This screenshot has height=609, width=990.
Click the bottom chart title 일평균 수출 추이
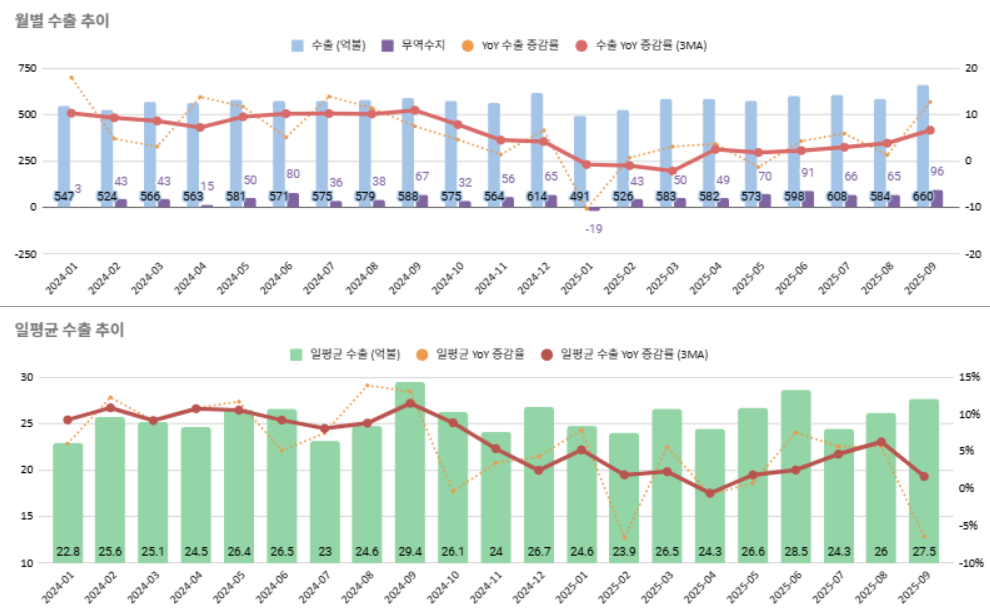(x=69, y=329)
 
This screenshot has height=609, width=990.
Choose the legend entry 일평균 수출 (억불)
(x=344, y=354)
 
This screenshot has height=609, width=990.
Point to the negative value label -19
(x=593, y=229)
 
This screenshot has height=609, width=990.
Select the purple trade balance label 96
(x=938, y=171)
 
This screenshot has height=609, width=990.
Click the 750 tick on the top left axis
(x=26, y=68)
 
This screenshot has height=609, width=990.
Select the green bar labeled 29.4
(x=409, y=470)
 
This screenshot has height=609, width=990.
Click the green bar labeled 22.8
(x=67, y=500)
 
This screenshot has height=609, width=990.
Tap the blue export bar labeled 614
(x=537, y=150)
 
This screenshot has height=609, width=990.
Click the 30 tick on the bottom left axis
(x=27, y=377)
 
